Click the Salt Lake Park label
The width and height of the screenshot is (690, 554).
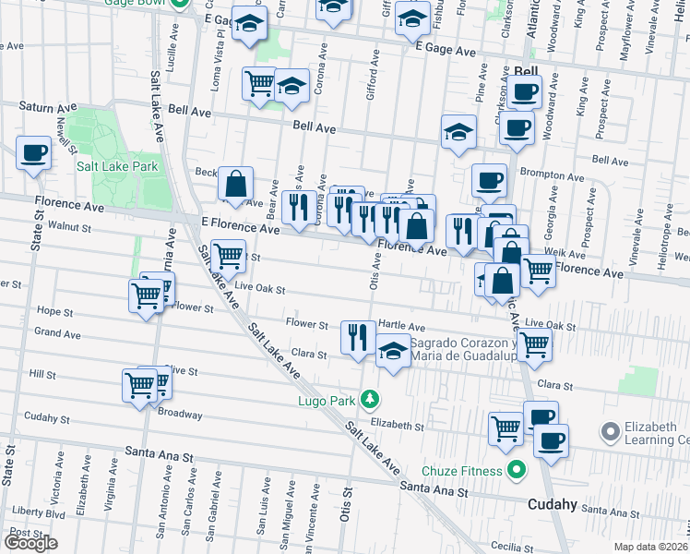[117, 166]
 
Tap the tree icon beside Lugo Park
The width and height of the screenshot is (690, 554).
[370, 399]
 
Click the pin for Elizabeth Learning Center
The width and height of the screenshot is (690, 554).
[609, 431]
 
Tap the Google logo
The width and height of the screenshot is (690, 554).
[30, 543]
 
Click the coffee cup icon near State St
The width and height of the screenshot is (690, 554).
[34, 152]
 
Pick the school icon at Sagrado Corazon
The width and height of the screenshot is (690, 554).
[393, 351]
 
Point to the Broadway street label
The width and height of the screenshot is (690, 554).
[180, 415]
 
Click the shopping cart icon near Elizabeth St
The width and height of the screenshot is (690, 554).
[506, 428]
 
